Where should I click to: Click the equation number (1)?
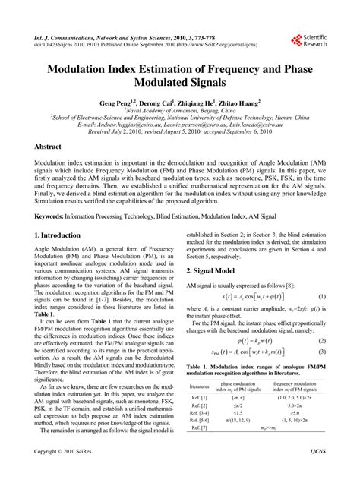pos(322,295)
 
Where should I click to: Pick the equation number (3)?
pos(322,352)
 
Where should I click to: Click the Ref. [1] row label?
pos(200,398)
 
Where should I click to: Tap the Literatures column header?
pos(200,386)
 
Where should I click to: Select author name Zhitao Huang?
pos(238,102)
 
